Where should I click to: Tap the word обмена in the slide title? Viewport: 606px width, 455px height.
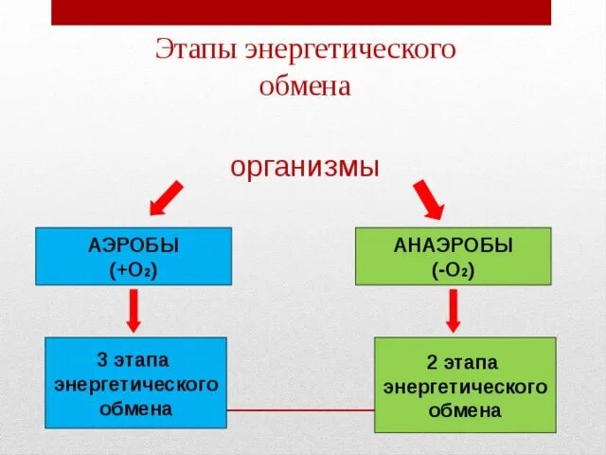[305, 87]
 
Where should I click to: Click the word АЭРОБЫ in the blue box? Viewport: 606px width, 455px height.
[134, 246]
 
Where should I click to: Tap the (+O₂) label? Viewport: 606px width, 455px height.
[134, 269]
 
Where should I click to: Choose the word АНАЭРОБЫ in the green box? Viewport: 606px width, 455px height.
[453, 246]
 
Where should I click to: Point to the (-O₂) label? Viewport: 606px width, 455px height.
[454, 270]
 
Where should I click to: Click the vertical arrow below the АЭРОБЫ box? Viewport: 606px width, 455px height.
[134, 310]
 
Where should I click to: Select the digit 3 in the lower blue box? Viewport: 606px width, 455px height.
[102, 361]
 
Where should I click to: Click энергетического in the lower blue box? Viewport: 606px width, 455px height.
[136, 385]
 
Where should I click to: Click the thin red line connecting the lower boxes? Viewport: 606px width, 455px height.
[300, 410]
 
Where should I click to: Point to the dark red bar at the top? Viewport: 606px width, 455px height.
[300, 11]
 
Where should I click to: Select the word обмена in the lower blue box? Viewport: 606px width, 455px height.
[136, 409]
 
